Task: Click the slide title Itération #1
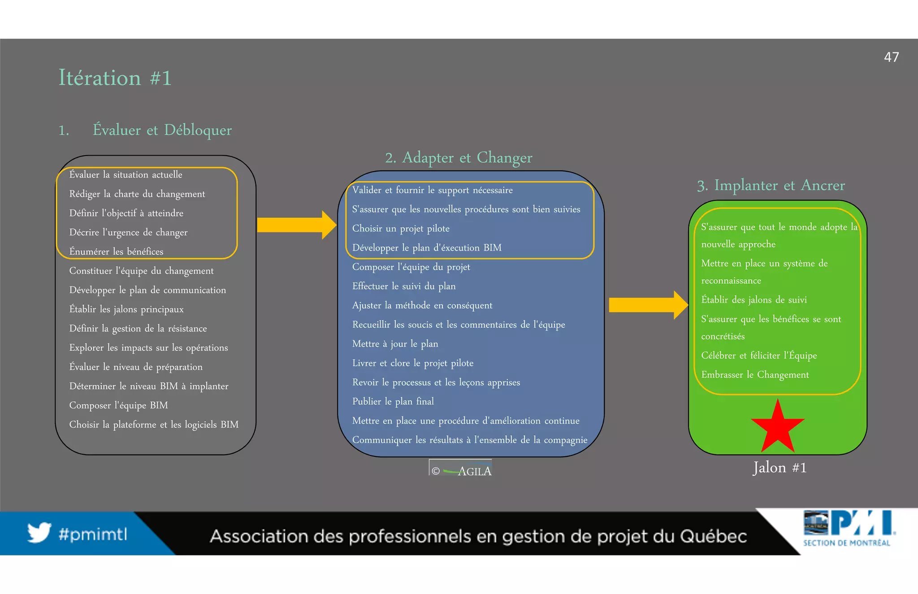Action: tap(115, 78)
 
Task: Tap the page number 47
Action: tap(891, 57)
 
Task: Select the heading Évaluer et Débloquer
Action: tap(162, 130)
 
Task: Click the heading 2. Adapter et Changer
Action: tap(459, 157)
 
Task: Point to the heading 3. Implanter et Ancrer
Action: tap(771, 185)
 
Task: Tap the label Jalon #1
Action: tap(779, 468)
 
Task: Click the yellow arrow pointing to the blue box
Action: tap(296, 225)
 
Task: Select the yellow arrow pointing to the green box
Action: tap(648, 305)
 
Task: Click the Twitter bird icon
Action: tap(39, 533)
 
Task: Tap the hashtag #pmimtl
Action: tap(93, 534)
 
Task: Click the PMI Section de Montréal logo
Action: tap(849, 528)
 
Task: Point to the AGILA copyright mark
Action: tap(461, 470)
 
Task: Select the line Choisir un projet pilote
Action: tap(400, 229)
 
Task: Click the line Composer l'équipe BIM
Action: tap(118, 405)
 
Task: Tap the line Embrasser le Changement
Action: tap(755, 375)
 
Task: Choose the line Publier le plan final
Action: tap(393, 401)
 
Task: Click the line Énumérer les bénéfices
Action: tap(116, 251)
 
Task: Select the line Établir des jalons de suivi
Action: tap(753, 300)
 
